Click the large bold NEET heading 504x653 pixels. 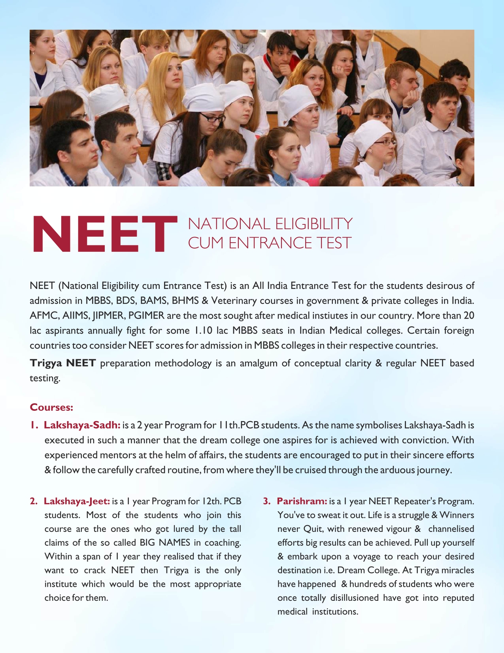tap(105, 234)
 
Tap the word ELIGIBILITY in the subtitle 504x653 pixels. tap(313, 224)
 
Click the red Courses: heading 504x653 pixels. tap(51, 407)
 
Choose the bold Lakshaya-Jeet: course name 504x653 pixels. tap(77, 501)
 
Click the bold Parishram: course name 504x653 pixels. tap(302, 501)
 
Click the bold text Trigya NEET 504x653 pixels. tap(63, 363)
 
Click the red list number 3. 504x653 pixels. tap(267, 501)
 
